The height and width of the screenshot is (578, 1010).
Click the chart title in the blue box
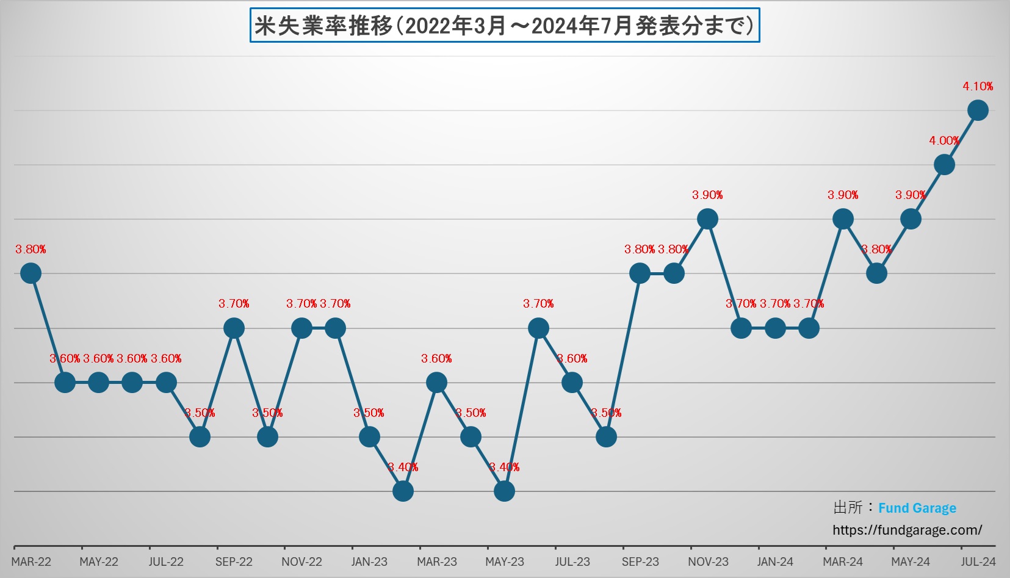[x=504, y=26]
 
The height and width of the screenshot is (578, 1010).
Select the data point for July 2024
[x=978, y=110]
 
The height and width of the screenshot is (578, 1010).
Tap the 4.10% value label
[x=978, y=87]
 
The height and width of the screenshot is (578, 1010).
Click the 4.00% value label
[x=943, y=141]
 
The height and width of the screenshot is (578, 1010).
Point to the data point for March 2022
[x=31, y=273]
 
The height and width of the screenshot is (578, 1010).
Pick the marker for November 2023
[x=707, y=219]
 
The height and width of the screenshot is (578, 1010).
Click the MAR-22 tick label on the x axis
[x=31, y=562]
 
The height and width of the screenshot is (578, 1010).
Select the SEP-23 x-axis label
[x=640, y=562]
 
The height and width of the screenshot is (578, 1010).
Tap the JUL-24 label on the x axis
[x=978, y=562]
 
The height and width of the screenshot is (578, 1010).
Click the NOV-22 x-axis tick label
[x=301, y=562]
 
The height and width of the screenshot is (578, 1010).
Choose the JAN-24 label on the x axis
[x=775, y=562]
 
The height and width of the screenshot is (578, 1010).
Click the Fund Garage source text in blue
[x=917, y=508]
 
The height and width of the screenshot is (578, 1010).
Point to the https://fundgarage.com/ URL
[x=907, y=530]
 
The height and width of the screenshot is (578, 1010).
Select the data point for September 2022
[x=234, y=328]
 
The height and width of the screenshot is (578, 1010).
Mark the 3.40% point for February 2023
[x=403, y=491]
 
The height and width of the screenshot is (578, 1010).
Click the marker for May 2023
[x=504, y=491]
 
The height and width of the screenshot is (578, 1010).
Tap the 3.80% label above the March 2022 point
[x=31, y=250]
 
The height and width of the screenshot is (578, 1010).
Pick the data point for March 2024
[x=843, y=219]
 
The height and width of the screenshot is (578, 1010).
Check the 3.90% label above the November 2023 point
[x=707, y=195]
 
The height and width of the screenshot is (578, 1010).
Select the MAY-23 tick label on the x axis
[x=504, y=562]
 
